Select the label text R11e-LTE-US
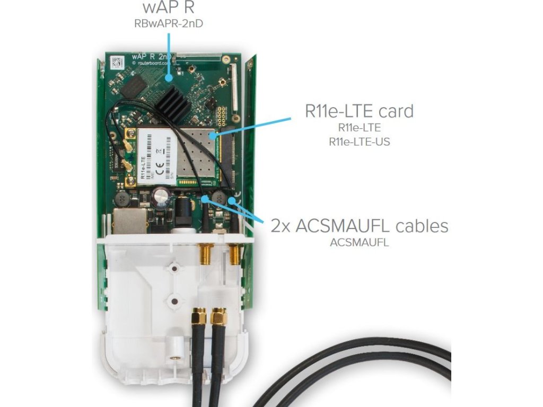(x=360, y=142)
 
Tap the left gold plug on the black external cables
(x=199, y=318)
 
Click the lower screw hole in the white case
(x=173, y=301)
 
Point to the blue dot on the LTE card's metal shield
(x=212, y=136)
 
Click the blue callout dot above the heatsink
(x=169, y=78)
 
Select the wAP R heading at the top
(x=168, y=7)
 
